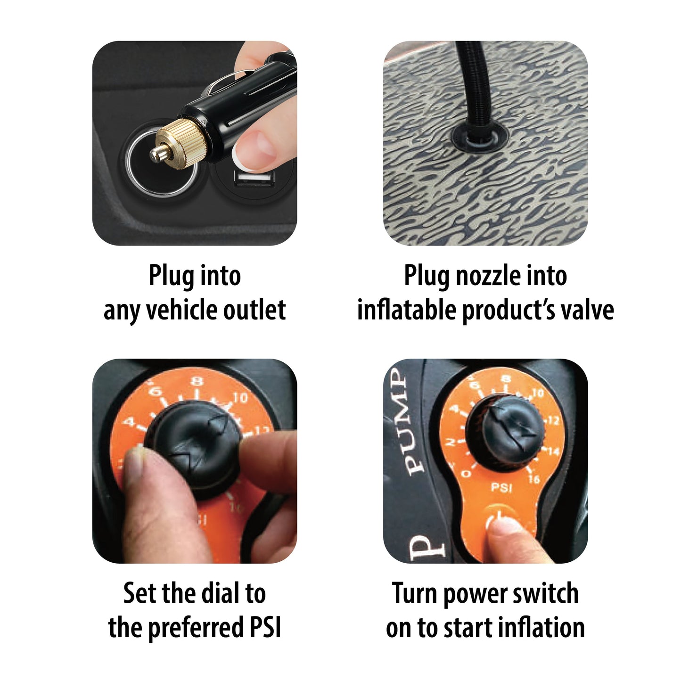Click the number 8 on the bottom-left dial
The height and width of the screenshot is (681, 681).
tap(197, 381)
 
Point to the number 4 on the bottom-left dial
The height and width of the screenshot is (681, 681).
tap(130, 422)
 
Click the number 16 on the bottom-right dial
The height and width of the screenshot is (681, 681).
tap(534, 479)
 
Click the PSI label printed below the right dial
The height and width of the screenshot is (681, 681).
tap(501, 488)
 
